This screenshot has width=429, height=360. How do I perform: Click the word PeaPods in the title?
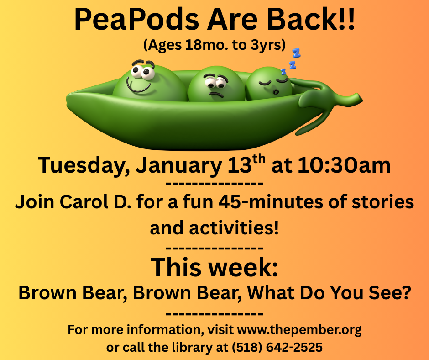(x=136, y=20)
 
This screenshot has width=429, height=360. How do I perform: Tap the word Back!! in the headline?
(x=311, y=20)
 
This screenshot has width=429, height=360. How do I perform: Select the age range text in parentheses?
(x=214, y=45)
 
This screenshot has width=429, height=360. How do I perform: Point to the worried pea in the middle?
(x=217, y=84)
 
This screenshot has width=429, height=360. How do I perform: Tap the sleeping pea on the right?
(x=269, y=83)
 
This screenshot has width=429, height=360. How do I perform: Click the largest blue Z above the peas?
(x=296, y=53)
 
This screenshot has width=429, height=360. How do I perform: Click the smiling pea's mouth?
(x=138, y=85)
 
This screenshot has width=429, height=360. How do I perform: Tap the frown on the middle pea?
(x=216, y=95)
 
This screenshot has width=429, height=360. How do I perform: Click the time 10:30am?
(x=344, y=165)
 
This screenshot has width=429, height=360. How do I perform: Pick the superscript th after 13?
(x=259, y=159)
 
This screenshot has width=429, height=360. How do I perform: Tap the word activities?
(x=234, y=228)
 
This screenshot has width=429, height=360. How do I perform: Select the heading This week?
(x=214, y=267)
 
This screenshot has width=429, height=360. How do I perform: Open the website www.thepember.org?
(x=299, y=330)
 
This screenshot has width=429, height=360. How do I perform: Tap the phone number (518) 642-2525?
(x=277, y=347)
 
